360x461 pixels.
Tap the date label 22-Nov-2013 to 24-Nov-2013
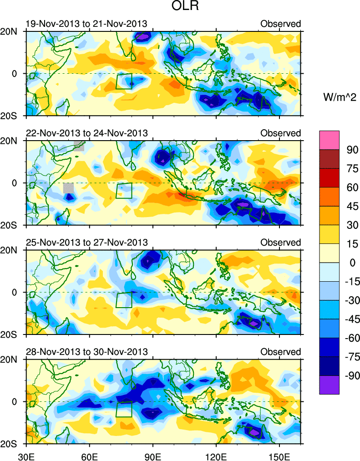tap(86, 133)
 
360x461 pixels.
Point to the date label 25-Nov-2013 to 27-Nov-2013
tap(86, 242)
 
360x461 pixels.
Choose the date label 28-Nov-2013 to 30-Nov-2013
tap(86, 352)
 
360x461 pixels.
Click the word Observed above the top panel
tap(281, 24)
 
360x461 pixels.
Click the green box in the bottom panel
tap(124, 409)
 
